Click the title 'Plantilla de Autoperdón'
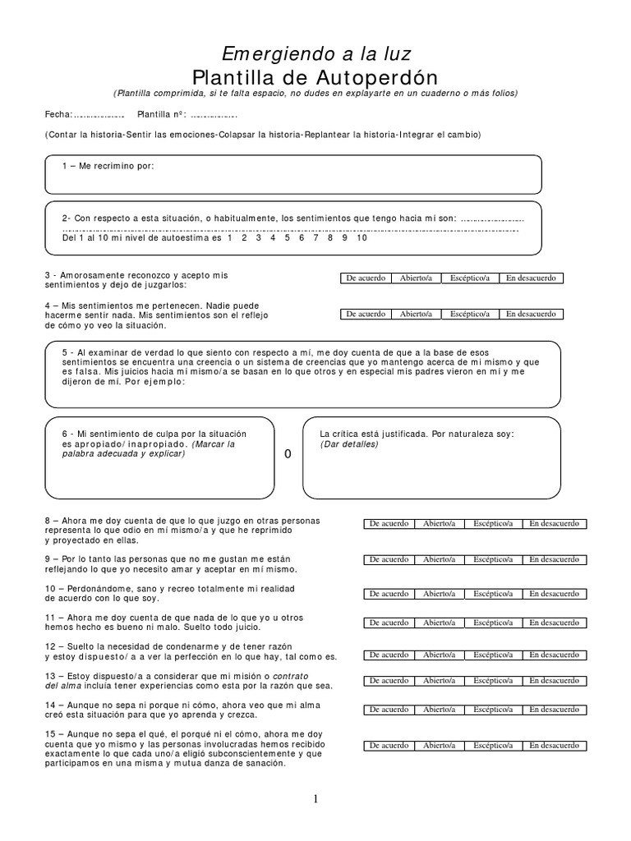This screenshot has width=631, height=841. pos(315,77)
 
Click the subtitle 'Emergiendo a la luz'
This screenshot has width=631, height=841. pos(315,54)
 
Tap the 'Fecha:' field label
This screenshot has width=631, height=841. pos(58,114)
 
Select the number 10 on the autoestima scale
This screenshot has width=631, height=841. pos(362,238)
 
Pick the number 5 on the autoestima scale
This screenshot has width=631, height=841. pos(287,238)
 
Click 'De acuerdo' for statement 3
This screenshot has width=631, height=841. pos(366,278)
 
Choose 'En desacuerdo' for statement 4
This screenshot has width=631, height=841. pos(530,314)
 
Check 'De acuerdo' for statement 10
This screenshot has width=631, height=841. pos(389,593)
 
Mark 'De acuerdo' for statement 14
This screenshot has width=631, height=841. pos(389,709)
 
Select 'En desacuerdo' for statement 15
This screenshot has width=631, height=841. pos(554,745)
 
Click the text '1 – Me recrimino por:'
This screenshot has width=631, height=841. pos(108,167)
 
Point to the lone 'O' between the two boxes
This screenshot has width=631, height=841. pos(288,454)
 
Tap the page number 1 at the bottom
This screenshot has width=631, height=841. pos(315,798)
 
